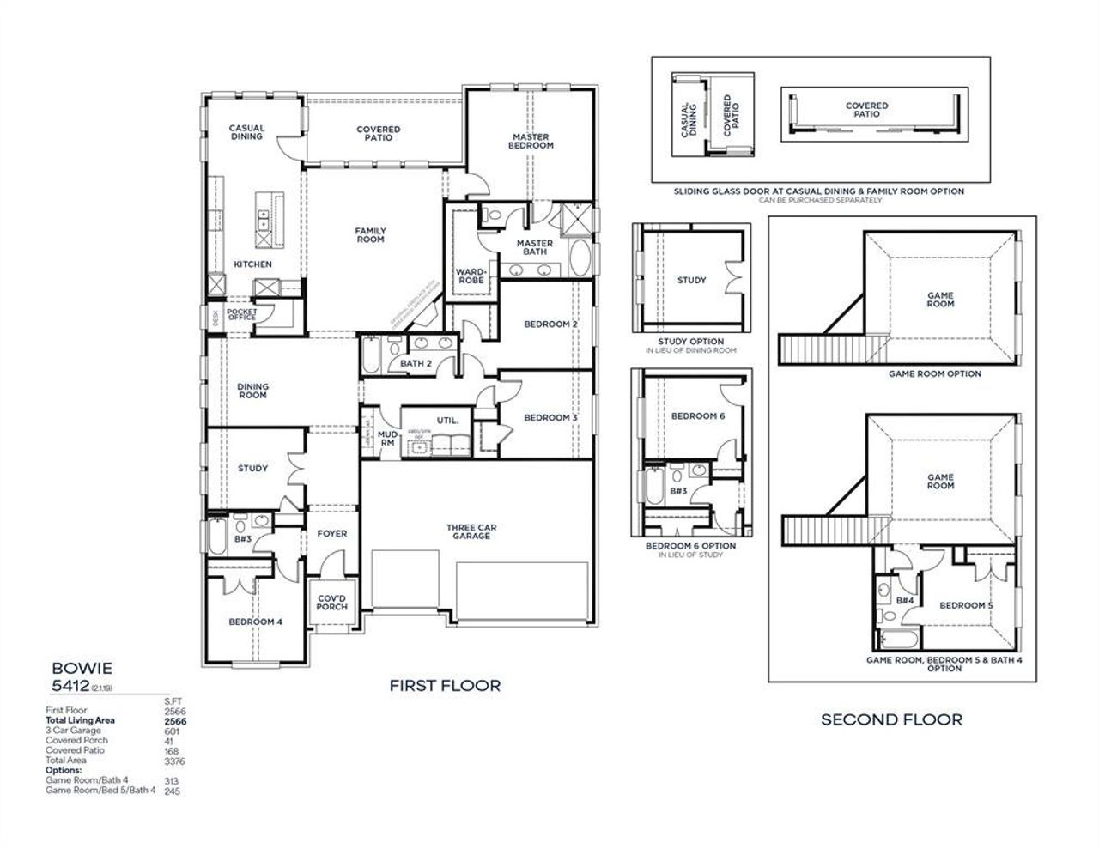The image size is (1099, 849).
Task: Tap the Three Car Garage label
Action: click(471, 532)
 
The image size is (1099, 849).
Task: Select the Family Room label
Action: click(371, 234)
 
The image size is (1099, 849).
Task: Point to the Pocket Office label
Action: click(241, 315)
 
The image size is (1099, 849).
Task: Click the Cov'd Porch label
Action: click(332, 602)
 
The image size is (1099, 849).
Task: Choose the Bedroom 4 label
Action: click(255, 622)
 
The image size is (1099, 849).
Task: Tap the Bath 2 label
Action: click(416, 364)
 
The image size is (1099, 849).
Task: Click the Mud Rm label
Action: click(387, 439)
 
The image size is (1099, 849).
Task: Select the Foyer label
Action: click(332, 533)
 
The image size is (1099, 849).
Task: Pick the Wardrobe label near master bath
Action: click(471, 276)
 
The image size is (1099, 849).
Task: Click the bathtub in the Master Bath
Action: click(580, 258)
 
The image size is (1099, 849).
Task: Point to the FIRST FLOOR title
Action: click(445, 685)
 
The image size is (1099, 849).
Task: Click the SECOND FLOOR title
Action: click(892, 719)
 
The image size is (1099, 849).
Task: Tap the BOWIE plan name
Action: click(82, 666)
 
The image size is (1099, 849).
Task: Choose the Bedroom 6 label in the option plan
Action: click(698, 416)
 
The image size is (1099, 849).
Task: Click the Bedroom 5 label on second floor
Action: click(966, 605)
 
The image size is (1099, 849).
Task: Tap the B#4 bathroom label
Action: click(905, 601)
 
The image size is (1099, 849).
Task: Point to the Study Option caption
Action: click(691, 342)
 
